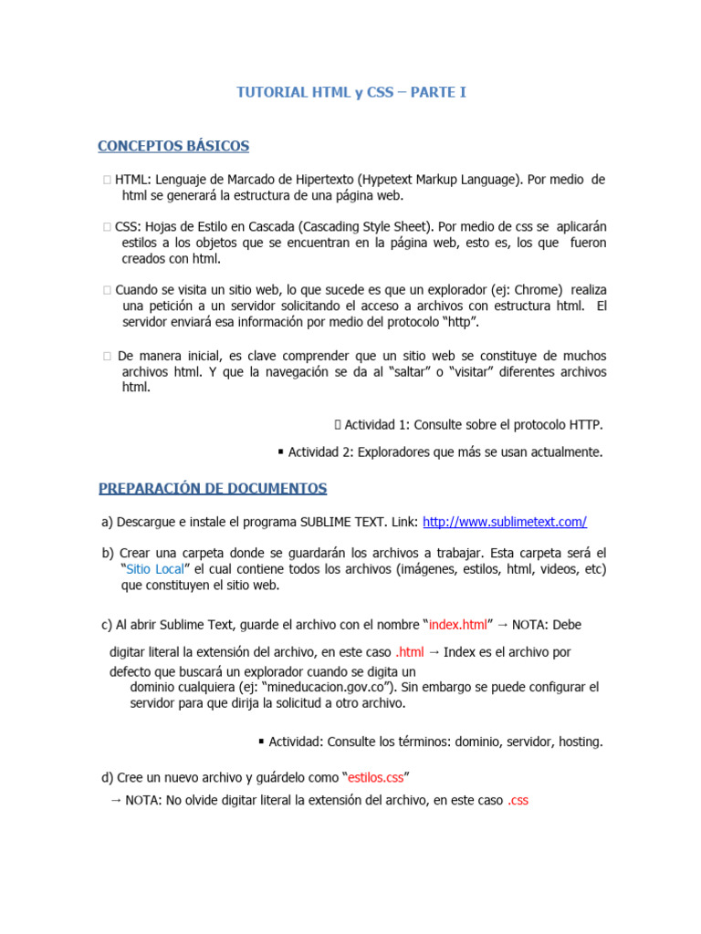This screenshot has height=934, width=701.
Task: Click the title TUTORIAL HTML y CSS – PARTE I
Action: pos(351,93)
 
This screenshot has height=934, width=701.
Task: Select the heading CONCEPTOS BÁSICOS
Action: pos(173,147)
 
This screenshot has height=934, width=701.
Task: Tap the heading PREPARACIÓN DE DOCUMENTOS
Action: pos(213,489)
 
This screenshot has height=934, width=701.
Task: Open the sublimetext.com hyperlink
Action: pos(505,522)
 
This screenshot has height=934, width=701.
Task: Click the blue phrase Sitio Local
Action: pos(157,569)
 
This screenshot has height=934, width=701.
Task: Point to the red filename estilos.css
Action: pos(375,777)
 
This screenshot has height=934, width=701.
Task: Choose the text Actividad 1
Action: pos(377,425)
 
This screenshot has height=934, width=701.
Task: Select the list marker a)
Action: pos(107,522)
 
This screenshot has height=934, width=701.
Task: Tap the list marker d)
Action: pos(107,777)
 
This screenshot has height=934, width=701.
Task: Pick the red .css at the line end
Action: pos(518,800)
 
